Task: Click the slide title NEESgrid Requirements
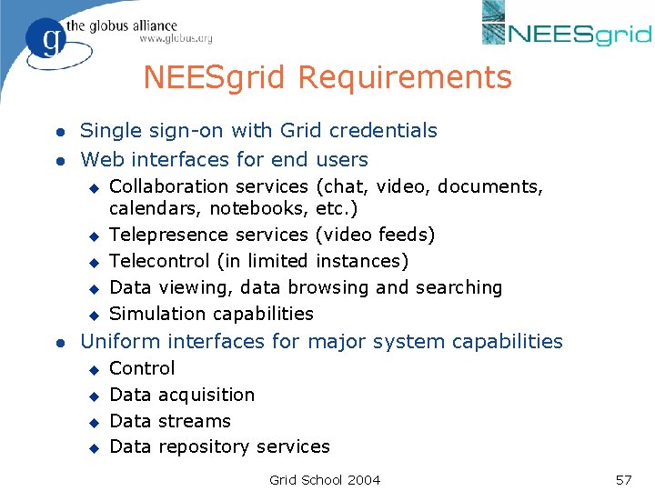[x=327, y=77]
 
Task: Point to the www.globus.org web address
[x=176, y=38]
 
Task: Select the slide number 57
[x=623, y=479]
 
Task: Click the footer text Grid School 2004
[x=325, y=479]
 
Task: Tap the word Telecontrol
[x=159, y=261]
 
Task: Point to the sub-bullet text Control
[x=142, y=368]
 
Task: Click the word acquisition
[x=207, y=395]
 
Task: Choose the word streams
[x=195, y=421]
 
